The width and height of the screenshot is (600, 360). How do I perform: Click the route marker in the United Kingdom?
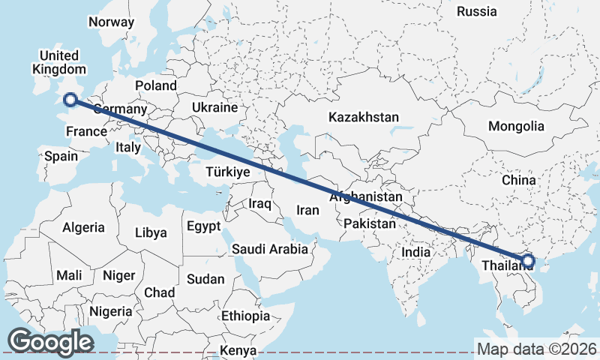(x=70, y=100)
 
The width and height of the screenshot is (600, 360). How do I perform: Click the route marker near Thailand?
(x=527, y=261)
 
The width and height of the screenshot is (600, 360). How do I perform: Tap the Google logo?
(x=50, y=342)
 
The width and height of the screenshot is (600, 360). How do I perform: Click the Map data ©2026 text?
(x=536, y=349)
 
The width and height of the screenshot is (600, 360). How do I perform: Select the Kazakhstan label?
(x=363, y=117)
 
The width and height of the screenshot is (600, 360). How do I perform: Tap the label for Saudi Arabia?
(x=270, y=249)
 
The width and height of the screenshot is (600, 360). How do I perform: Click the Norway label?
(x=111, y=22)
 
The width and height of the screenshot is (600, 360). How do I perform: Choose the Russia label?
(x=476, y=11)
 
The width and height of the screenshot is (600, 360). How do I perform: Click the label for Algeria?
(x=83, y=227)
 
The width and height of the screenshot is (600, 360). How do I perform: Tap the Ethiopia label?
(x=245, y=316)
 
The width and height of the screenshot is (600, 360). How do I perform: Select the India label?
(x=416, y=252)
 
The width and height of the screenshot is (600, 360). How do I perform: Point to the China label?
(x=519, y=181)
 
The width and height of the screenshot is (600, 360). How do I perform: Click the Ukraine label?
(x=214, y=108)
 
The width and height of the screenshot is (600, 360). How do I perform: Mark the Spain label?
(x=61, y=156)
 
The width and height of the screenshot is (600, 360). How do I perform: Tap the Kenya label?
(x=238, y=350)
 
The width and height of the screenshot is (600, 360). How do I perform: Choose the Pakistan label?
(x=370, y=223)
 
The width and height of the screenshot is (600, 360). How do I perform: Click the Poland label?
(x=155, y=85)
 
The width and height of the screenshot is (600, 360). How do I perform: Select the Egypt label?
(x=204, y=226)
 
